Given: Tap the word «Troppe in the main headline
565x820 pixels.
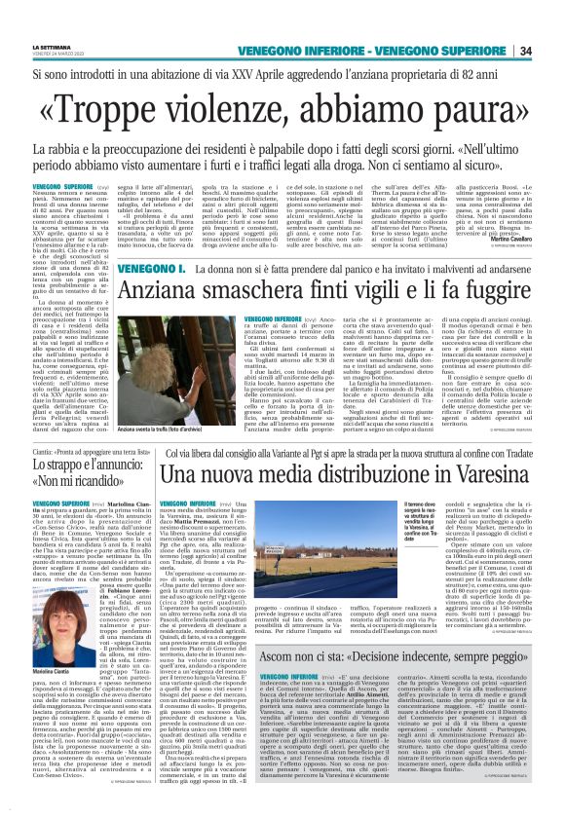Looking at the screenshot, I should [126, 110].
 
